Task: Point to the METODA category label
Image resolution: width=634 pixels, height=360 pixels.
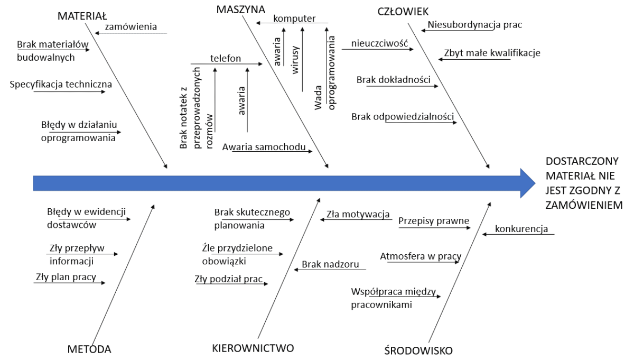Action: pos(90,349)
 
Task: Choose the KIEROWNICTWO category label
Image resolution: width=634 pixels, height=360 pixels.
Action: pos(253,348)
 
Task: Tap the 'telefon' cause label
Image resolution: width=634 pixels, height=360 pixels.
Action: pos(226,59)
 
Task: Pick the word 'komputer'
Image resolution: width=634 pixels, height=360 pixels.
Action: pos(294,19)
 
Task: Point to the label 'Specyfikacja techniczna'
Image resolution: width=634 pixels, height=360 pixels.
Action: pos(61,84)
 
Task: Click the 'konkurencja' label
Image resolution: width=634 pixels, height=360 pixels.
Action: pos(521,229)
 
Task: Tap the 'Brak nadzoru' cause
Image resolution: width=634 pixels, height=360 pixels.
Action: pos(331,264)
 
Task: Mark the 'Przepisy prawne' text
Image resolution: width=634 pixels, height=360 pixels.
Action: pos(434,220)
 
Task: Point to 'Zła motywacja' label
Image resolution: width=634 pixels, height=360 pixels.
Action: pos(358,214)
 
